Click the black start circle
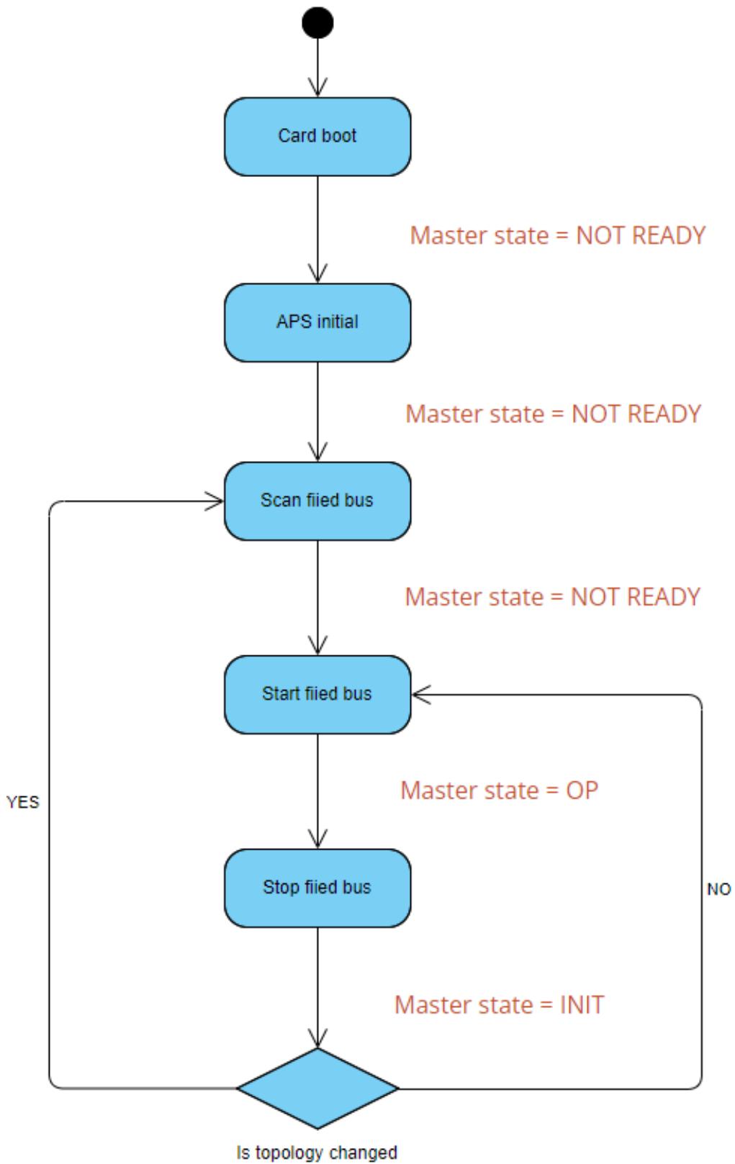click(x=317, y=23)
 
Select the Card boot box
click(x=317, y=137)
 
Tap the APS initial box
click(x=317, y=323)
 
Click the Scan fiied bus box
click(x=317, y=501)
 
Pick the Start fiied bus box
click(x=317, y=694)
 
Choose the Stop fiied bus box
click(x=317, y=888)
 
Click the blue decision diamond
click(x=317, y=1088)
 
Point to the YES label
click(x=23, y=802)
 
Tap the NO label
click(x=719, y=889)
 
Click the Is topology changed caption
click(x=317, y=1152)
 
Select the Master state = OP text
click(x=500, y=791)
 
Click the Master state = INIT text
click(x=500, y=1005)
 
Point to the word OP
click(x=582, y=791)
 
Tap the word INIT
click(x=582, y=1005)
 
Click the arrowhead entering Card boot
click(x=317, y=87)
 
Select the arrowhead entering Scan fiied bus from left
click(x=215, y=501)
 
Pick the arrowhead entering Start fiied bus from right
click(x=421, y=695)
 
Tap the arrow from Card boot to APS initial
click(x=317, y=229)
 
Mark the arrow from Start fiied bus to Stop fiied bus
click(x=317, y=791)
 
